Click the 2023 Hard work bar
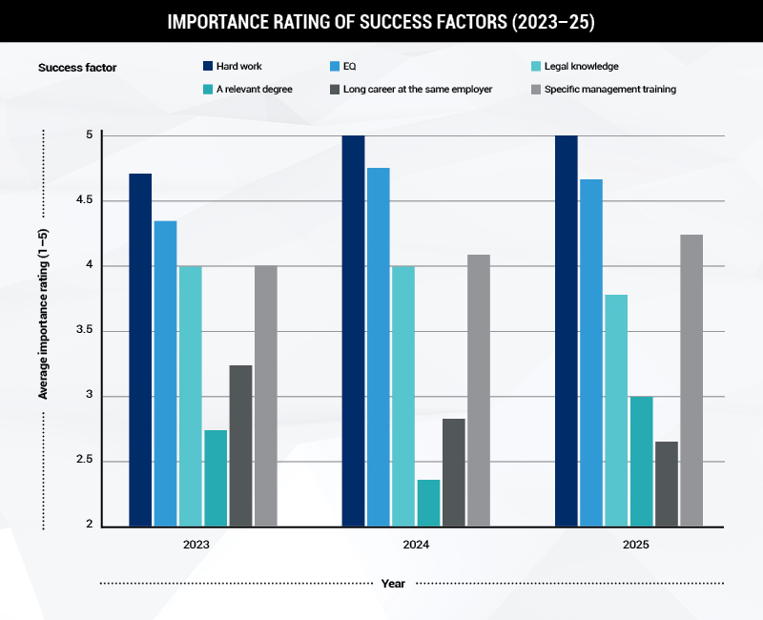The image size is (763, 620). (x=140, y=349)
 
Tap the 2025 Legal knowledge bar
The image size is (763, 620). (x=616, y=410)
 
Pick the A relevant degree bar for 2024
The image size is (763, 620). (x=428, y=503)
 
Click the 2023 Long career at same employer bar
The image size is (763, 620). (x=241, y=445)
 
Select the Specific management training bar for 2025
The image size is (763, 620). (x=691, y=381)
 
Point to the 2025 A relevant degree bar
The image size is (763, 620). (x=641, y=461)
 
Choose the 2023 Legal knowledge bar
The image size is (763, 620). (x=191, y=396)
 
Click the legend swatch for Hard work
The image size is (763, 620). (x=207, y=67)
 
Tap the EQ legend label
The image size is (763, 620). (x=351, y=67)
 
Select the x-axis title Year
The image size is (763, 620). (x=393, y=583)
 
